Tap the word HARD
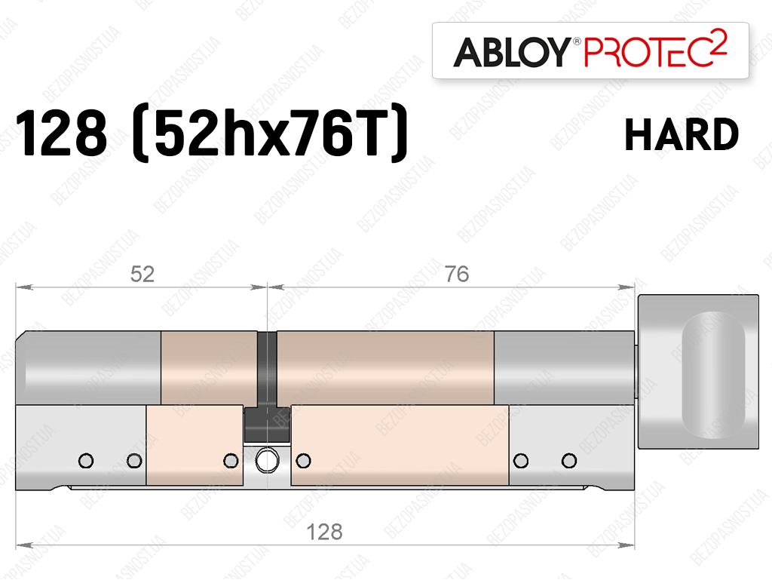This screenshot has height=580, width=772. click(682, 134)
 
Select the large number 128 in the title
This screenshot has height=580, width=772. click(61, 133)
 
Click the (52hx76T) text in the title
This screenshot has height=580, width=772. click(270, 133)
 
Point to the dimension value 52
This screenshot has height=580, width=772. click(142, 275)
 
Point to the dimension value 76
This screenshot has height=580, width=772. click(457, 275)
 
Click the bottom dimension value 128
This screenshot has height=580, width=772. click(324, 532)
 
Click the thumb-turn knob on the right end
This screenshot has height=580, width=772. click(698, 372)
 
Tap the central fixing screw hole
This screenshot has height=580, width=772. click(267, 461)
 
